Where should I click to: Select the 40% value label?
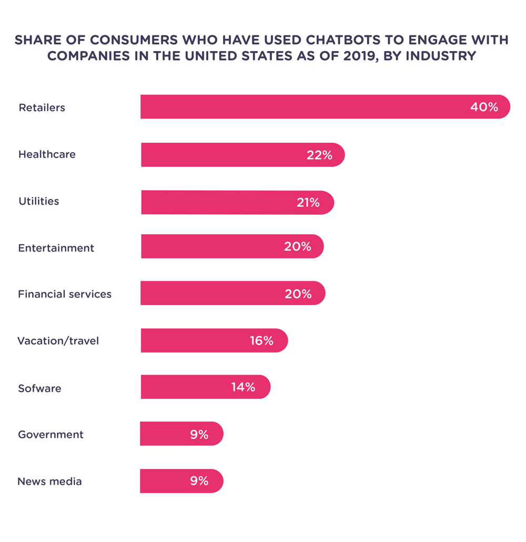[484, 107]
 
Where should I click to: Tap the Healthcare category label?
[47, 154]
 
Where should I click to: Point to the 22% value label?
[319, 155]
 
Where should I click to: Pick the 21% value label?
[308, 203]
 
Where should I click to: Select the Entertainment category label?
[56, 248]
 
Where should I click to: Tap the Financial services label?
[65, 294]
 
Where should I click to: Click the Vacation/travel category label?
[58, 341]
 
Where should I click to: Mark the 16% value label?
[261, 341]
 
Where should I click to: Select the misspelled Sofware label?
[39, 388]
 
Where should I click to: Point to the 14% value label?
[243, 387]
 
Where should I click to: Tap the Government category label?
[50, 435]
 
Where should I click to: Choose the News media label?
[49, 481]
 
